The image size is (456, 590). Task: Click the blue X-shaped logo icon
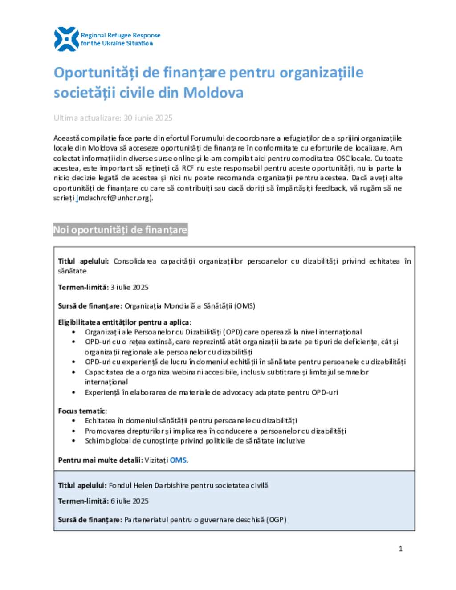tap(66, 39)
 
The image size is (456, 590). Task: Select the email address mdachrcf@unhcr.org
tap(115, 198)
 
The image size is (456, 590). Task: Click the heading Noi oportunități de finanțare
tap(120, 230)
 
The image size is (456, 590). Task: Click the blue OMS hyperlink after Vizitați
tap(178, 460)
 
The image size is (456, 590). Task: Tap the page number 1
tap(400, 549)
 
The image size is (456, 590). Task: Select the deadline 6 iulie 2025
tap(130, 501)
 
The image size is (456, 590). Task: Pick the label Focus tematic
tap(82, 411)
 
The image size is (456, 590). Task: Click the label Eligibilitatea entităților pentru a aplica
tap(124, 322)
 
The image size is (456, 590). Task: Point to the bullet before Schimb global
tap(73, 441)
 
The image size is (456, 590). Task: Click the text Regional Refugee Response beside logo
tap(120, 35)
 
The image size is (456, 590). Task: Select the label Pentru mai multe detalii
tap(100, 460)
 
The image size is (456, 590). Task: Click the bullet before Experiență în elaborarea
tap(73, 392)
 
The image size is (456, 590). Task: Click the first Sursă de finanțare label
tap(90, 306)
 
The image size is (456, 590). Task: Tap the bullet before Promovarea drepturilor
tap(73, 431)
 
